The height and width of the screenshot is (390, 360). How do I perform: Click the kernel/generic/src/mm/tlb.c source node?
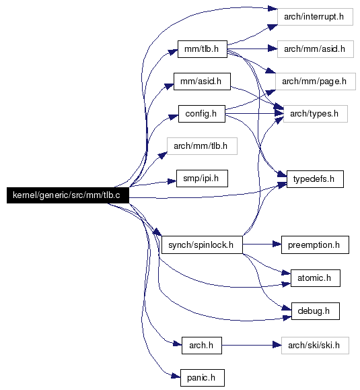(x=68, y=195)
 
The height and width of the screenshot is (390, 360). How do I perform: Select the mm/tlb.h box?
(x=203, y=49)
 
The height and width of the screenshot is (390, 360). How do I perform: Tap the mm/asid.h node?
(x=202, y=82)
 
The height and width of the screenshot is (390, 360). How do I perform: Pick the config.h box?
(x=202, y=114)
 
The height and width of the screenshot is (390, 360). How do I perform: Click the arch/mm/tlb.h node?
(x=202, y=146)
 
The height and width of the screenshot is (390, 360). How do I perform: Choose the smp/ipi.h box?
(x=202, y=178)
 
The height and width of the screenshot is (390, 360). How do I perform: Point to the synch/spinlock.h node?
(x=202, y=245)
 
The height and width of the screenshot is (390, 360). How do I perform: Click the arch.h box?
(x=202, y=346)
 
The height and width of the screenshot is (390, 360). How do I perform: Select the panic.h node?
(x=203, y=378)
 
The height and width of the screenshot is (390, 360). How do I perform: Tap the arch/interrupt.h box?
(x=315, y=17)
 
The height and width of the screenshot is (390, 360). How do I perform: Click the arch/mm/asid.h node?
(x=316, y=49)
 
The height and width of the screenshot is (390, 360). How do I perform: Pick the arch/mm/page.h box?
(x=316, y=82)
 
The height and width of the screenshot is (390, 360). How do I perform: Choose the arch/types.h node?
(x=316, y=114)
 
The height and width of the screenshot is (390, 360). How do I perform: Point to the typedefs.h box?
(x=315, y=179)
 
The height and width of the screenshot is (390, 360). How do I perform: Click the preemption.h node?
(x=315, y=245)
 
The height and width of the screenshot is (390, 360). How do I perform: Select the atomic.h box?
(x=316, y=278)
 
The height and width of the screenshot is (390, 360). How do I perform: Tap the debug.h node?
(x=316, y=311)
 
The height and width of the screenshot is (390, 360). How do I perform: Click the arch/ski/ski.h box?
(x=315, y=346)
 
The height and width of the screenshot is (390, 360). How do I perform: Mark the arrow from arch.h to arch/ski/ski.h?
(x=252, y=346)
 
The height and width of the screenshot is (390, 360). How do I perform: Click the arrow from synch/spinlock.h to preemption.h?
(x=262, y=245)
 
